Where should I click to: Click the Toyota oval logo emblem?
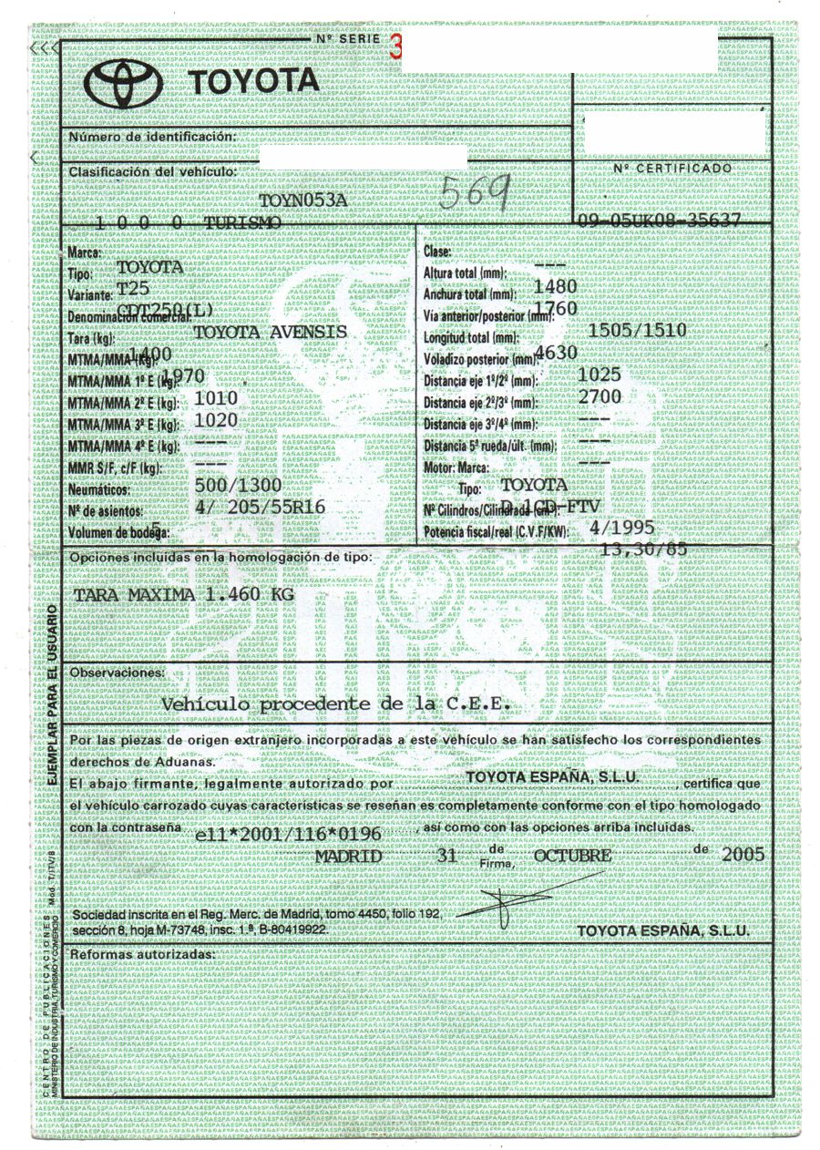click(x=123, y=85)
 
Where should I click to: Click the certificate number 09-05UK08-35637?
click(x=658, y=221)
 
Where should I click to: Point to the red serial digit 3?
click(x=394, y=48)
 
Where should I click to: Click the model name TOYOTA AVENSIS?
click(x=271, y=334)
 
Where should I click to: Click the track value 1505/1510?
click(x=638, y=330)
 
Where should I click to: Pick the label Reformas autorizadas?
click(x=142, y=954)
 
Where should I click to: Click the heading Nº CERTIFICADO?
click(x=671, y=169)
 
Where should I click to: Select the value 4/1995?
click(x=622, y=528)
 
